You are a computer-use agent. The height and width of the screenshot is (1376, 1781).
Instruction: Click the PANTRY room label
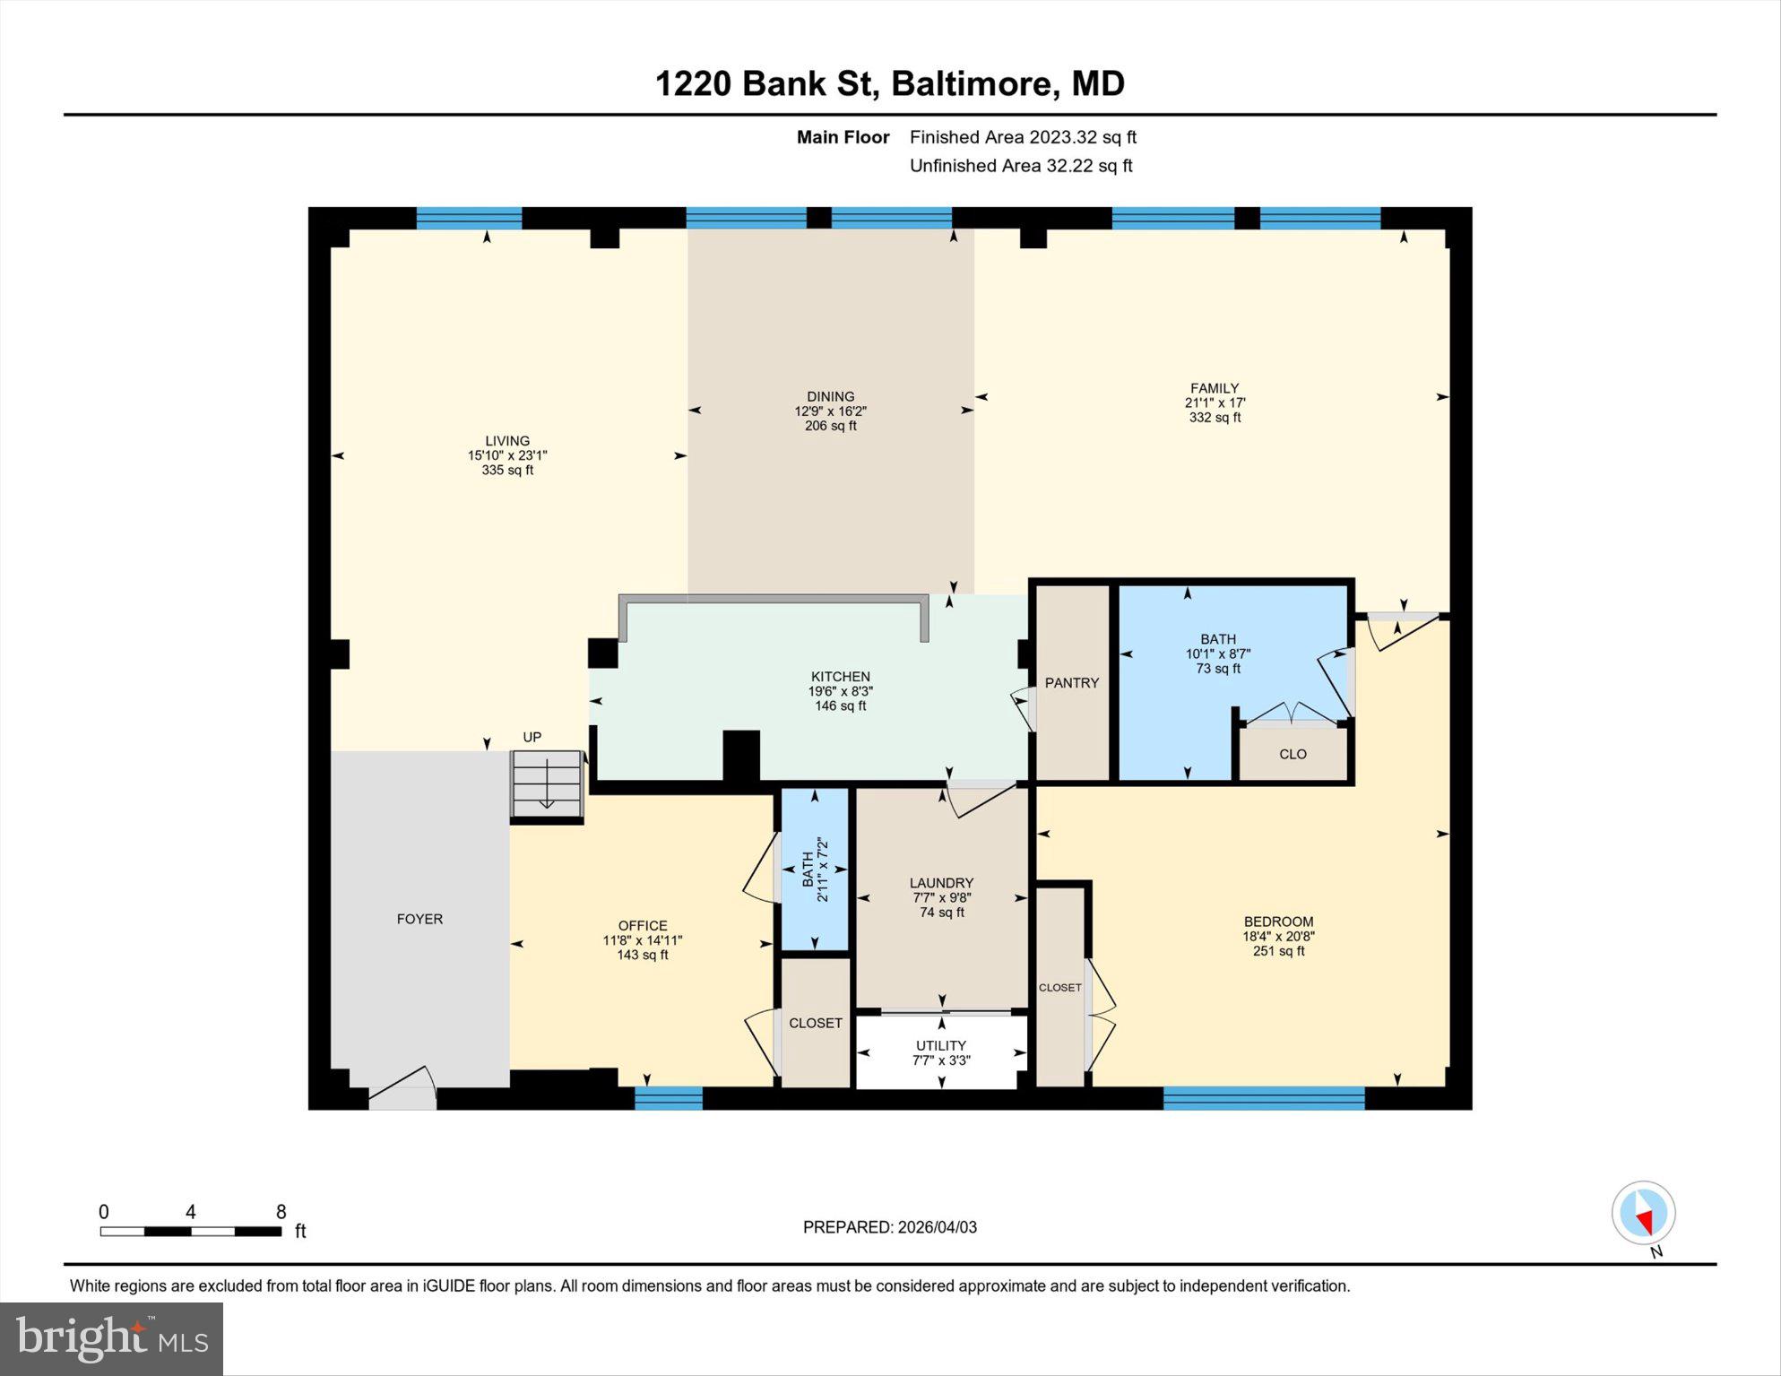click(1071, 683)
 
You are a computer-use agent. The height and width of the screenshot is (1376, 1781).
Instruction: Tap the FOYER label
click(419, 919)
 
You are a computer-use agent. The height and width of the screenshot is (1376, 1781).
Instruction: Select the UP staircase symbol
click(547, 784)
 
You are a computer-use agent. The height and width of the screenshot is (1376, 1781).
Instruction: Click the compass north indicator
click(1643, 1214)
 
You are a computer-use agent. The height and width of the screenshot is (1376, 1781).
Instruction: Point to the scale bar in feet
click(191, 1231)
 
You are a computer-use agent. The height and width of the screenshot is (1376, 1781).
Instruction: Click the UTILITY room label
click(940, 1045)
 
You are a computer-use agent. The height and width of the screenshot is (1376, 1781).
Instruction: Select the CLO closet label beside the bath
click(1293, 754)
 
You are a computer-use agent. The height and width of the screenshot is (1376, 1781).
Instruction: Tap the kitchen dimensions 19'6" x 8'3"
click(840, 691)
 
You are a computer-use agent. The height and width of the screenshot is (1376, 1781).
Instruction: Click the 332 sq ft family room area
click(1215, 418)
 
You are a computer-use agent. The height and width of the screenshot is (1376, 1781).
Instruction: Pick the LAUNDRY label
click(941, 883)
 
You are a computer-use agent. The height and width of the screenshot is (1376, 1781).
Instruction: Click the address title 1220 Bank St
click(889, 83)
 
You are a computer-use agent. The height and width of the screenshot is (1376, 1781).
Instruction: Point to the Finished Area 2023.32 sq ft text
click(1023, 137)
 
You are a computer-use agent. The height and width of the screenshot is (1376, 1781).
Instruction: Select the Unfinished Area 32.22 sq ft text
click(1021, 166)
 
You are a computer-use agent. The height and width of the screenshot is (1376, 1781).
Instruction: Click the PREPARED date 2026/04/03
click(889, 1227)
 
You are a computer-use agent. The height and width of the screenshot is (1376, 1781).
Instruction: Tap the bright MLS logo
click(111, 1339)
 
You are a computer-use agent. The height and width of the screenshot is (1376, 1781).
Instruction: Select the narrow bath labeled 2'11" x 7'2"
click(815, 870)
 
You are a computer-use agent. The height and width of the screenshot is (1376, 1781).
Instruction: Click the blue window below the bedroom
click(1264, 1098)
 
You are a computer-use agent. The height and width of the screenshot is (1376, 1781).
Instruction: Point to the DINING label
click(830, 396)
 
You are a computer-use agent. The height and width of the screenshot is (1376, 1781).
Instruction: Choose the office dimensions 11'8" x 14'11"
click(642, 940)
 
